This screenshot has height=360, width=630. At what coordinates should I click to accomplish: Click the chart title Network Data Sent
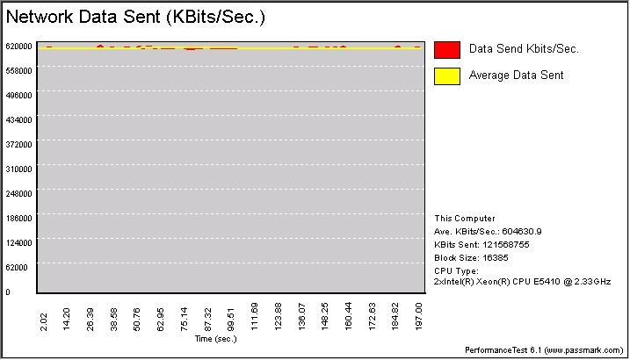coord(135,17)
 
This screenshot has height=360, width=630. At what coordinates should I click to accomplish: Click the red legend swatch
coord(447,50)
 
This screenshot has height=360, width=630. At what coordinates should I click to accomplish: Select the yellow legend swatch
coord(447,76)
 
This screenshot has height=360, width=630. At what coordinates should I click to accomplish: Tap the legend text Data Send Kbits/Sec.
coord(524,50)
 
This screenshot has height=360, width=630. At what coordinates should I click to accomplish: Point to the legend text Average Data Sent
coord(517,76)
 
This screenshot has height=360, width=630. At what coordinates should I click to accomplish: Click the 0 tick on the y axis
coord(7,292)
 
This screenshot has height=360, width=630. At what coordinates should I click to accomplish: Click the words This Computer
coord(465,219)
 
